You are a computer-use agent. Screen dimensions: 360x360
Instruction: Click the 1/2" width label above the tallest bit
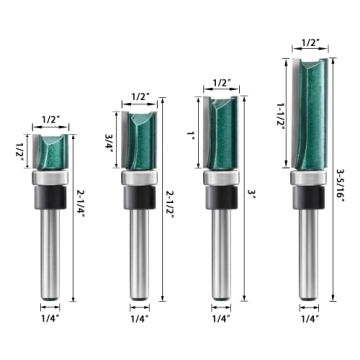[x=311, y=44]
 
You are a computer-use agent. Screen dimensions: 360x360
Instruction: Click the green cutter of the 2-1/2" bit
[x=138, y=140]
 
